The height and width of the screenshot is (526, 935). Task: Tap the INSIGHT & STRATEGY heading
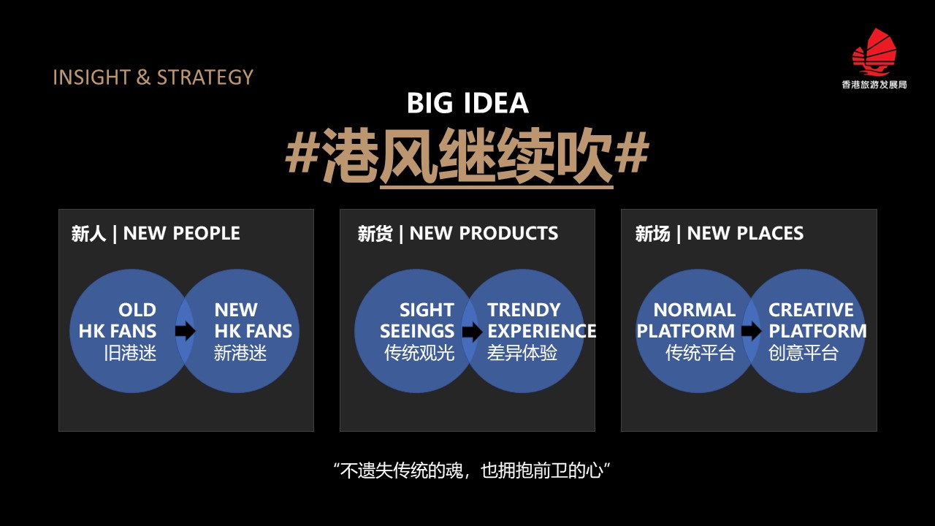tap(153, 77)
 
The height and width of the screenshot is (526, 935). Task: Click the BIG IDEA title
tap(467, 103)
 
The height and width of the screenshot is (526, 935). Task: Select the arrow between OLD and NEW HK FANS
tap(185, 331)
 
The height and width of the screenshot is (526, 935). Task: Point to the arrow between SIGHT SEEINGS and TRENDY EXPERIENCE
tap(472, 332)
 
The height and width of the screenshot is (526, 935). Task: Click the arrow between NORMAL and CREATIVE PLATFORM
tap(751, 332)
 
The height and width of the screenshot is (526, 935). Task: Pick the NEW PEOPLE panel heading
tap(156, 233)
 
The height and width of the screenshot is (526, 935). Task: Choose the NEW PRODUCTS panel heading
tap(457, 233)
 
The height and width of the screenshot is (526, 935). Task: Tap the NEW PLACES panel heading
tap(720, 233)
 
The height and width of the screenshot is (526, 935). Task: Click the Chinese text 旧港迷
tap(130, 353)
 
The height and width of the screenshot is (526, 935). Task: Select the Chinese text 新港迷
tap(240, 353)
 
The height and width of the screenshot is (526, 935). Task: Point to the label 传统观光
tap(419, 353)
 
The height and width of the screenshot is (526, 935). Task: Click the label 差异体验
tap(522, 353)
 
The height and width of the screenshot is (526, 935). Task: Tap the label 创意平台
tap(804, 353)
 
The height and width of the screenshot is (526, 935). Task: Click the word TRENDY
tap(524, 310)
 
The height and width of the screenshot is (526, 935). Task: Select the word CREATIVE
tap(811, 310)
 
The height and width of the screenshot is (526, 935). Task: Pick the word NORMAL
tap(694, 310)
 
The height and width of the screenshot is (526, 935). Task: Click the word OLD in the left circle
tap(137, 310)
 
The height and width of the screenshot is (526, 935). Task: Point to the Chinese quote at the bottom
tap(472, 470)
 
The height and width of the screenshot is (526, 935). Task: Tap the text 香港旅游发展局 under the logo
tap(874, 85)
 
